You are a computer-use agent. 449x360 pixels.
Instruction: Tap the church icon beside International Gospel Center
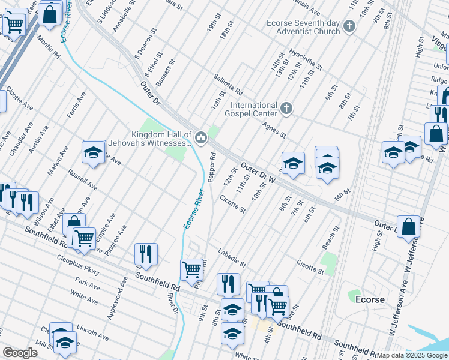coord(286,109)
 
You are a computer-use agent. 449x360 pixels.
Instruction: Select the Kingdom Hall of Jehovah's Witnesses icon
coord(201,139)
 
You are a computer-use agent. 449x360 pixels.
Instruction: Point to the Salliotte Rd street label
coord(228,85)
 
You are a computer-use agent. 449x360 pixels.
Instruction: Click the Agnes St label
coord(274,128)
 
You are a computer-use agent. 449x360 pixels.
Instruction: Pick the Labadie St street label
coord(232,258)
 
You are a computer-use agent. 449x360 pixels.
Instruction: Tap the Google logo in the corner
coord(19,353)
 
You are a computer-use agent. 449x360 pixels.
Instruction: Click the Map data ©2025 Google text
coord(411,355)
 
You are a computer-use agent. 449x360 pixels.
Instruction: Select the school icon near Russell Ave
coord(94,153)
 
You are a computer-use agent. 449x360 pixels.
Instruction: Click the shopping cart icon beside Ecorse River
coord(191,269)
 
